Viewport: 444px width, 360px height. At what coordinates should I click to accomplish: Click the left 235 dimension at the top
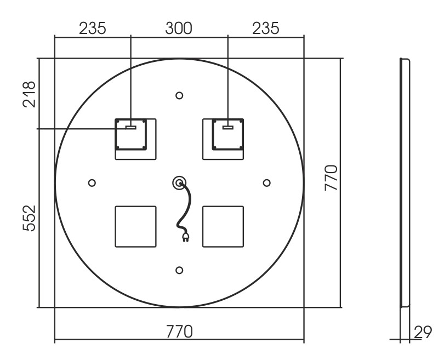pyautogui.click(x=92, y=28)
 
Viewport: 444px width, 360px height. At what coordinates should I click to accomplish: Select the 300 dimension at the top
pyautogui.click(x=178, y=28)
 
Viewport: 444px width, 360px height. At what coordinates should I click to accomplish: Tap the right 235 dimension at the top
pyautogui.click(x=266, y=28)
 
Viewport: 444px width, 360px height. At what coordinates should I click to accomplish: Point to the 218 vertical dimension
pyautogui.click(x=29, y=94)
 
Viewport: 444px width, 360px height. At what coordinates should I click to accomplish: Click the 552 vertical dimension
pyautogui.click(x=29, y=218)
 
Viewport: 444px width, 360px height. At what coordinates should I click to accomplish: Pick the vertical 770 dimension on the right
pyautogui.click(x=331, y=178)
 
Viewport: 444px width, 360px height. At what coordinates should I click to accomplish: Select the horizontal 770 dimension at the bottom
pyautogui.click(x=179, y=332)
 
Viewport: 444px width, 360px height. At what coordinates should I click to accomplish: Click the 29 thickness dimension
pyautogui.click(x=423, y=332)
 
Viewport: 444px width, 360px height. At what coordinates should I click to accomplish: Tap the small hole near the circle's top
pyautogui.click(x=179, y=96)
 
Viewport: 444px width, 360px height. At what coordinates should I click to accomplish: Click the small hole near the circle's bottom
pyautogui.click(x=179, y=270)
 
